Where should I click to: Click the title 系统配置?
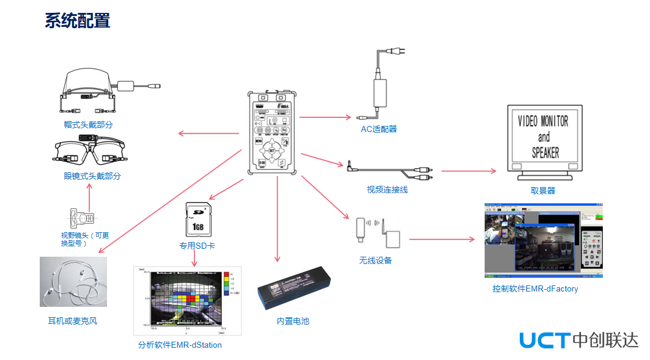(x=77, y=20)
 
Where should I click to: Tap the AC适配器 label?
(x=379, y=129)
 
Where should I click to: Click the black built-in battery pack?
(x=294, y=287)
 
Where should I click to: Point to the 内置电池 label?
(x=293, y=321)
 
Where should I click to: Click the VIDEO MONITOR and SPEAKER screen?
(x=544, y=138)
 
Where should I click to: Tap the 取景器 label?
(x=543, y=191)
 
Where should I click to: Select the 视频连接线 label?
(x=387, y=190)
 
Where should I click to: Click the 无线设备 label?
(x=375, y=260)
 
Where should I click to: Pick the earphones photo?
(x=73, y=282)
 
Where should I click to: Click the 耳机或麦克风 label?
(x=73, y=321)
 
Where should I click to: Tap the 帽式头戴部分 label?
(x=89, y=125)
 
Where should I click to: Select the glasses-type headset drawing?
(x=89, y=151)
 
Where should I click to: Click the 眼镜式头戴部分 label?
(x=92, y=176)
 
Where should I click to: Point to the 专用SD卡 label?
(x=197, y=246)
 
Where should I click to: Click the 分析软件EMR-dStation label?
(x=180, y=345)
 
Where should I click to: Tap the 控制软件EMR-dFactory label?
(x=535, y=288)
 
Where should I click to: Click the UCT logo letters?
(x=544, y=340)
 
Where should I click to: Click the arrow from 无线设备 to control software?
(x=441, y=239)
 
